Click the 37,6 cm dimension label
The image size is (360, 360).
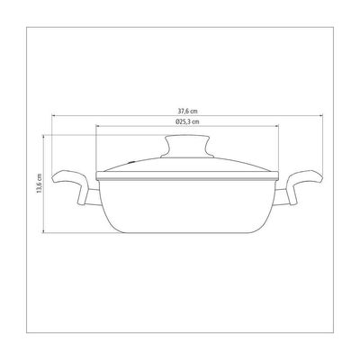pyautogui.click(x=187, y=111)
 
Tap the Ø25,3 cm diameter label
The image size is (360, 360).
pyautogui.click(x=187, y=121)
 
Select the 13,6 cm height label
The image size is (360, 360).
pyautogui.click(x=39, y=184)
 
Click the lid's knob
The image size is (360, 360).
pyautogui.click(x=187, y=147)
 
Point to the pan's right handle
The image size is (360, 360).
pyautogui.click(x=304, y=186)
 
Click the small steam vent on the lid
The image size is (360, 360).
pyautogui.click(x=131, y=162)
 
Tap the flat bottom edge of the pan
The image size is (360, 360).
pyautogui.click(x=187, y=232)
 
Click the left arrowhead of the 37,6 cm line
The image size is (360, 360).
pyautogui.click(x=53, y=115)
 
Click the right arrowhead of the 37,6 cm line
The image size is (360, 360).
pyautogui.click(x=321, y=115)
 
